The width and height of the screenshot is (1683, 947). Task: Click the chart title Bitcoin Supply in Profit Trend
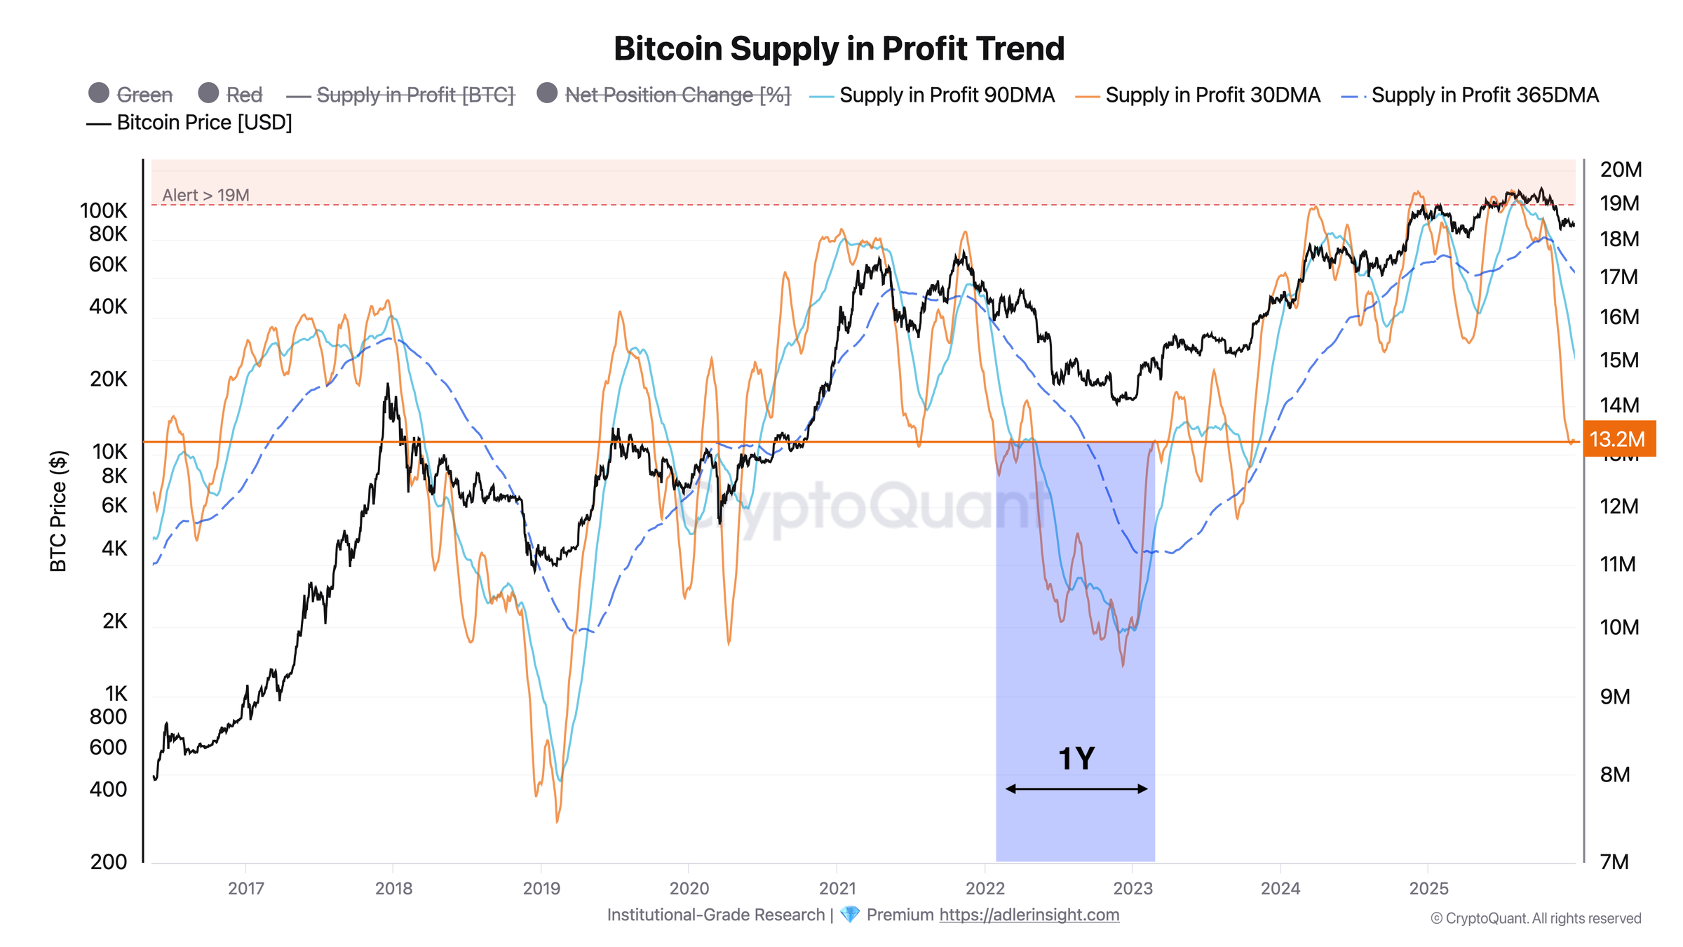(x=839, y=49)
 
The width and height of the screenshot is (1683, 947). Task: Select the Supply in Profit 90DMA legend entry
(x=946, y=95)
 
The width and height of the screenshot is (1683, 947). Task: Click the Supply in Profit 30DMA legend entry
(x=1212, y=95)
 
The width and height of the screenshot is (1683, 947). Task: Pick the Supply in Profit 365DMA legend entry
(x=1484, y=95)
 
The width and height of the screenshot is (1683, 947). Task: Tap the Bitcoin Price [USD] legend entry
(x=203, y=123)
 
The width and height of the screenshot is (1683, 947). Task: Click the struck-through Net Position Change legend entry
(x=677, y=95)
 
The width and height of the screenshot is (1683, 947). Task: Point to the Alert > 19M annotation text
(x=205, y=195)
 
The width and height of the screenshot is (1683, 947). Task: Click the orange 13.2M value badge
(x=1617, y=439)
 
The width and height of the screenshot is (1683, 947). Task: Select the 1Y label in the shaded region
(x=1076, y=759)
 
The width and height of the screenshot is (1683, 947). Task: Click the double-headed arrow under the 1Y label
(x=1076, y=789)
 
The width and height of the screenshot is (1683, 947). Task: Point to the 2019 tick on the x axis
(x=541, y=889)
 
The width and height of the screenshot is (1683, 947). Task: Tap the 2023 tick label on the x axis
(x=1133, y=889)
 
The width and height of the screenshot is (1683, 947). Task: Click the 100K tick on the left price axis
(x=104, y=210)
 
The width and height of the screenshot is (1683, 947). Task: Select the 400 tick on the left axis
(x=109, y=790)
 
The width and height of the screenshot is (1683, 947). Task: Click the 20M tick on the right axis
(x=1621, y=170)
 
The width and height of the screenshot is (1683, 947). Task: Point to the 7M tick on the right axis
(x=1614, y=862)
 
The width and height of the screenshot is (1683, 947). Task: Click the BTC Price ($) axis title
(x=58, y=511)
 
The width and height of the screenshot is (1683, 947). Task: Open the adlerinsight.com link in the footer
(x=1029, y=915)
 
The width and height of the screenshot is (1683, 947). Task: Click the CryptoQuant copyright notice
(x=1536, y=919)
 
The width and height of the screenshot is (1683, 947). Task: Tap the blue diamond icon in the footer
(x=849, y=915)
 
